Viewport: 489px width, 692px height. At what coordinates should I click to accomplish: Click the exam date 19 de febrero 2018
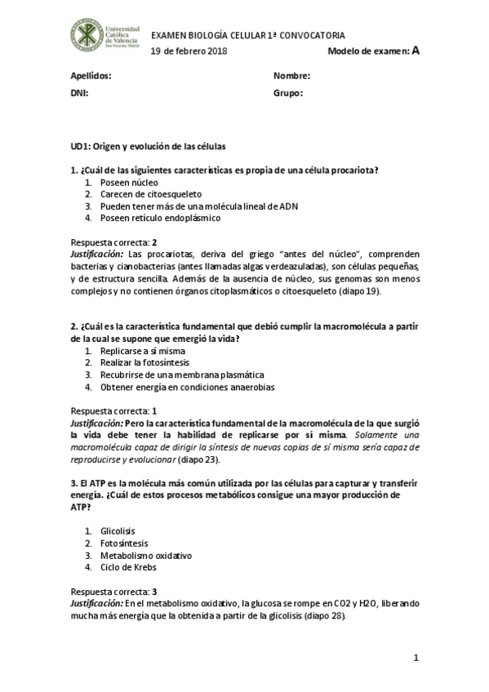189,51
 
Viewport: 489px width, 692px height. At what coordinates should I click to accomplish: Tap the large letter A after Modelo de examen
416,51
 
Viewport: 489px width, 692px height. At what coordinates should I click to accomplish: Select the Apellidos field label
91,76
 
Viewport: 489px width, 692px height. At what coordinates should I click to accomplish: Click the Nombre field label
292,76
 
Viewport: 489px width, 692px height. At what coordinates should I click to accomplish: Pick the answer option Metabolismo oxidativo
146,555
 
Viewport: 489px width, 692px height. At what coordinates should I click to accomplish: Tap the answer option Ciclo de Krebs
128,567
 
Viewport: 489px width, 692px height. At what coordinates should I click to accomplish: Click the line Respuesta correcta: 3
114,591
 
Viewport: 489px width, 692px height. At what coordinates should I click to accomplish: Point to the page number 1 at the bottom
416,657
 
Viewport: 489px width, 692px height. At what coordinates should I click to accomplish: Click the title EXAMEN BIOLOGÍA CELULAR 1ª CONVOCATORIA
248,36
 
